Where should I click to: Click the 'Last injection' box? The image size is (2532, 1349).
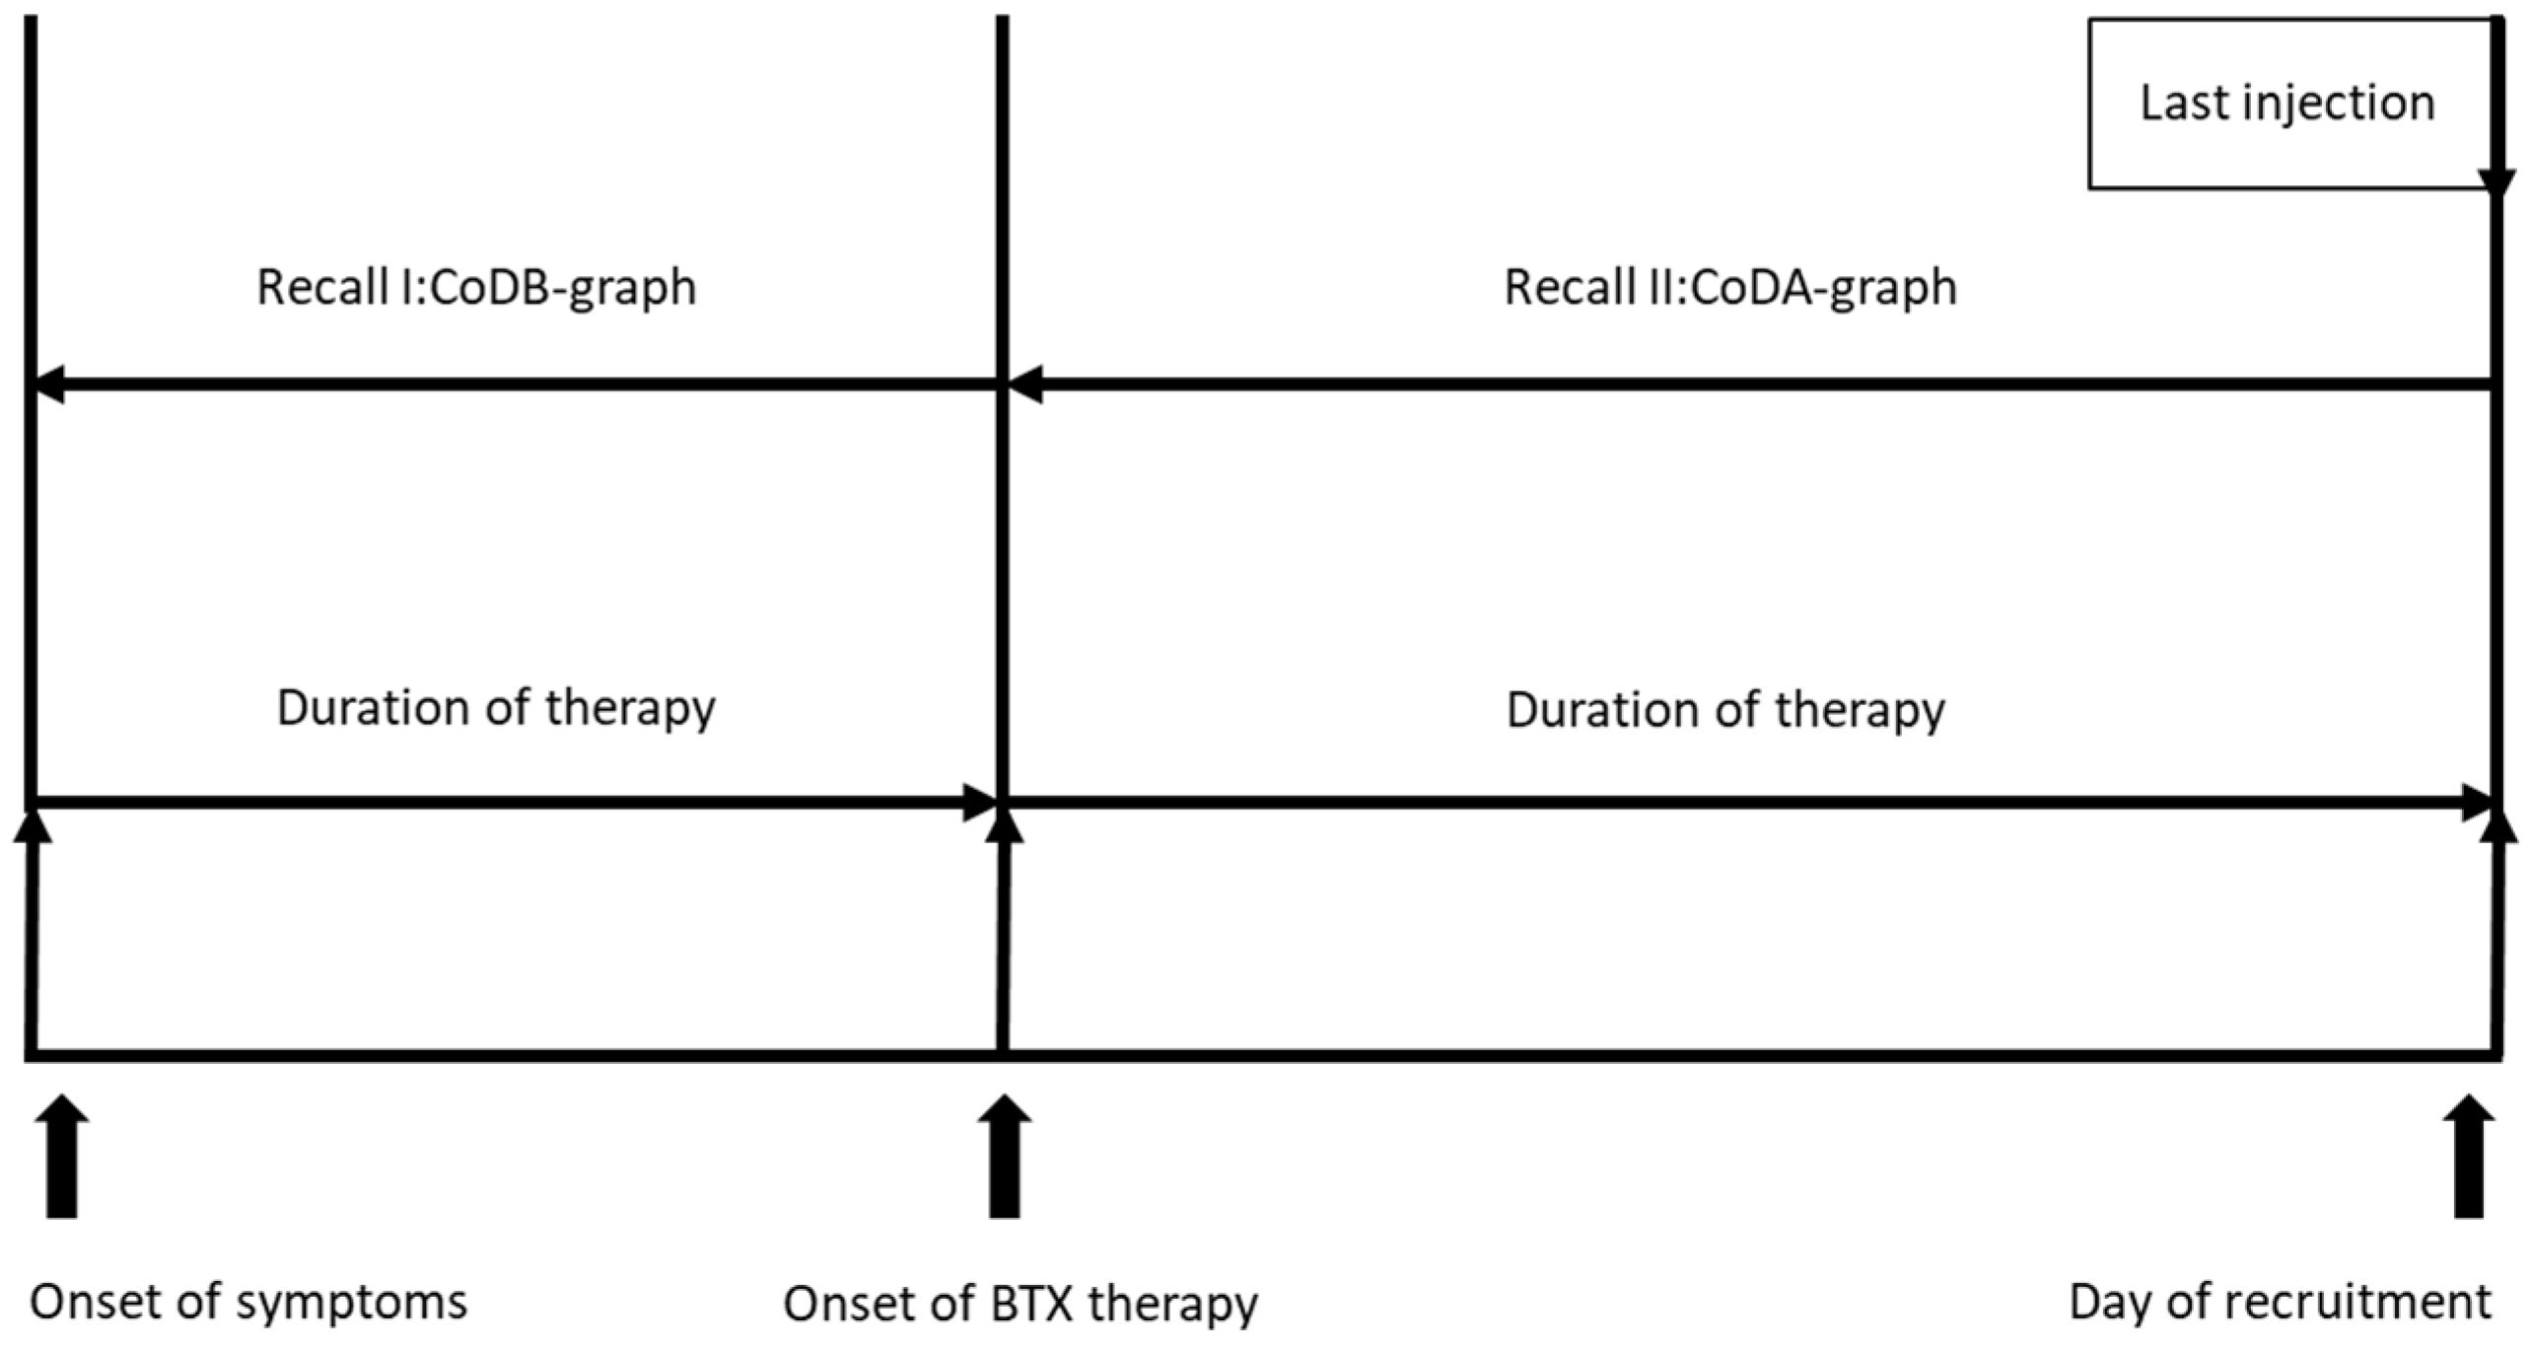coord(2287,104)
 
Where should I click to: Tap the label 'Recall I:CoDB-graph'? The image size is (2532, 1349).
coord(476,288)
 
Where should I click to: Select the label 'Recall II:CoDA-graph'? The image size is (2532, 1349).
coord(1730,288)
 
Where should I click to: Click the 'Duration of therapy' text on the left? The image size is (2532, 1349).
coord(495,709)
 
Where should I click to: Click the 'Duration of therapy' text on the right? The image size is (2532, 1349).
coord(1725,711)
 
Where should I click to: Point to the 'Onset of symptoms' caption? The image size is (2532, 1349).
coord(248,1302)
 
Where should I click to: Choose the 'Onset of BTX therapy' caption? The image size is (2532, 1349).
coord(1020,1304)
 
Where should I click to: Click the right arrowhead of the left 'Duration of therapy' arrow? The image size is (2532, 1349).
coord(981,803)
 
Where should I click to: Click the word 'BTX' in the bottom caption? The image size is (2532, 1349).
coord(1031,1304)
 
